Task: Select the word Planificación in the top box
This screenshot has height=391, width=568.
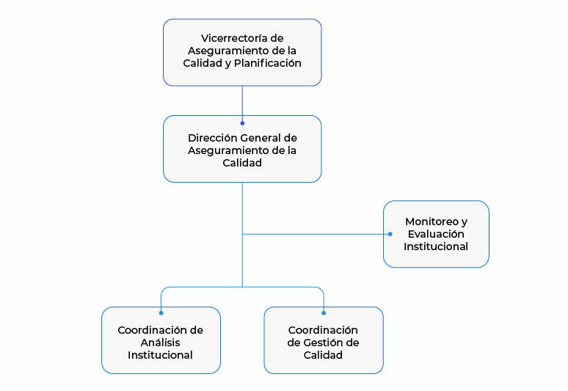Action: [x=268, y=63]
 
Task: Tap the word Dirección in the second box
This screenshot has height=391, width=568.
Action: [x=213, y=138]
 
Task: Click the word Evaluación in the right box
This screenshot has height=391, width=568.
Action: [x=436, y=234]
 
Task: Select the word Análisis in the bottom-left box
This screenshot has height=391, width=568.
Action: [x=160, y=343]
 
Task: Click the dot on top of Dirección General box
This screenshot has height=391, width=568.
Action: [x=242, y=123]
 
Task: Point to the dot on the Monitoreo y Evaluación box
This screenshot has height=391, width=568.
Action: [x=390, y=234]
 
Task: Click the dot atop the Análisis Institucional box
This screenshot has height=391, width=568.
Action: [x=161, y=313]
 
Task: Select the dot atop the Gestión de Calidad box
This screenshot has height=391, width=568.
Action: [x=324, y=313]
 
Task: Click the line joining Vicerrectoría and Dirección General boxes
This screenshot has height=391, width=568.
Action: [x=242, y=104]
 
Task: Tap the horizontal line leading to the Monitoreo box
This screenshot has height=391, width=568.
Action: [x=316, y=234]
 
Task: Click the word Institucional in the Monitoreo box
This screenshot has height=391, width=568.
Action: [x=436, y=246]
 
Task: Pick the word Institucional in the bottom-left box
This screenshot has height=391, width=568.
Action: [x=160, y=355]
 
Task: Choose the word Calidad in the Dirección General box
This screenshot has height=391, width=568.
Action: [x=242, y=163]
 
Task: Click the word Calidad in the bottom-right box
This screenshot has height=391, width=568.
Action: [x=323, y=355]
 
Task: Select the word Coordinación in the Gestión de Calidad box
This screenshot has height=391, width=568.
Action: [x=323, y=330]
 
